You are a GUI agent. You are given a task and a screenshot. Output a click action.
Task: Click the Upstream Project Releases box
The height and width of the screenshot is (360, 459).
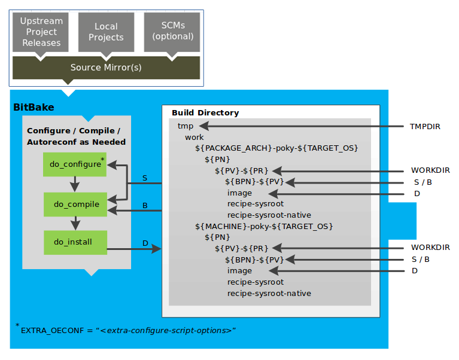(x=41, y=32)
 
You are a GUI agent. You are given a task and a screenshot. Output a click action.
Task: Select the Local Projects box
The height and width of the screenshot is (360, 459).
(x=106, y=32)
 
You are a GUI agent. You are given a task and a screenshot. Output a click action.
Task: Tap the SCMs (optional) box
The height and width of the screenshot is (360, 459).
(x=172, y=32)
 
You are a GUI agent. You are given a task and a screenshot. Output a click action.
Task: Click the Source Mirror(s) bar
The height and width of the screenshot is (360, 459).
(x=106, y=68)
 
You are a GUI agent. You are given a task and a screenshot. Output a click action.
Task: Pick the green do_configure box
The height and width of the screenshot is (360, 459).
(x=75, y=164)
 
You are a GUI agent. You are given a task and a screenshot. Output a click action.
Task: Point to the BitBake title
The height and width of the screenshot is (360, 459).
(x=34, y=108)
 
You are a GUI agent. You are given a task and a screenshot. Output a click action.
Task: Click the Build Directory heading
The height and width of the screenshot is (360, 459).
(x=205, y=112)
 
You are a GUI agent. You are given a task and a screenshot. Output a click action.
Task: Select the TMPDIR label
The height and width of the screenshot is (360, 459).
(x=425, y=126)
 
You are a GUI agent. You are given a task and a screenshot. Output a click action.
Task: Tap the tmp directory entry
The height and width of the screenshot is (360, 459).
(x=185, y=126)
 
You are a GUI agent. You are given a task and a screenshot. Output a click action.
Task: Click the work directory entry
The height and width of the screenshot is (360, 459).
(x=194, y=137)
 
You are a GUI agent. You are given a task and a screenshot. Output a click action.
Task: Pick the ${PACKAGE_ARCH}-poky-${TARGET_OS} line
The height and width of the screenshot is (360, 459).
(x=276, y=148)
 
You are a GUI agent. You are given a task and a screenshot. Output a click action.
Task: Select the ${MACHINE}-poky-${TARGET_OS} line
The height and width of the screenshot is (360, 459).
(x=264, y=227)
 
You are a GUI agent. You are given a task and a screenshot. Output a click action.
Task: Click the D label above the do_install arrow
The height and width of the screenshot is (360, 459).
(x=145, y=243)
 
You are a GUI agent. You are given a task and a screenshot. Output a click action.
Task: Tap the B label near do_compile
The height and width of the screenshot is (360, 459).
(x=145, y=205)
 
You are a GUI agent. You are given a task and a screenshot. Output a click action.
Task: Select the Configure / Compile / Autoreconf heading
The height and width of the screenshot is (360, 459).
(x=76, y=136)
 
